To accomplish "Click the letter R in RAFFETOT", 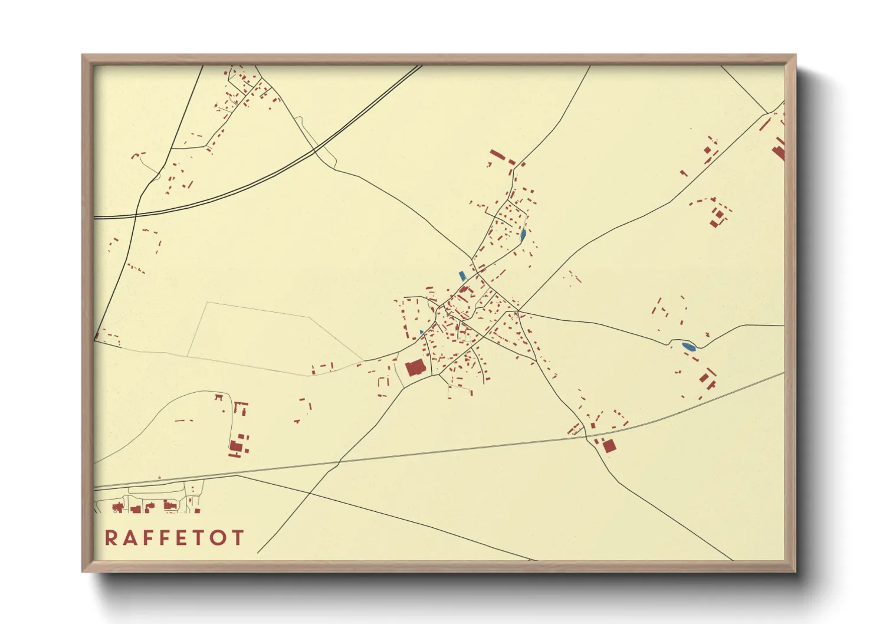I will (111, 537).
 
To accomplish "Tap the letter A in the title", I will (132, 537).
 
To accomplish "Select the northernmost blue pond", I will (523, 235).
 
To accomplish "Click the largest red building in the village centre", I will (415, 369).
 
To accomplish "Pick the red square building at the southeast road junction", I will (609, 446).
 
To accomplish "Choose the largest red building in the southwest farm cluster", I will (236, 448).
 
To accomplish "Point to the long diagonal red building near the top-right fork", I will (765, 124).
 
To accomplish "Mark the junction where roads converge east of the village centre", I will (518, 310).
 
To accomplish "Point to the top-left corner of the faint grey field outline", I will (207, 303).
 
